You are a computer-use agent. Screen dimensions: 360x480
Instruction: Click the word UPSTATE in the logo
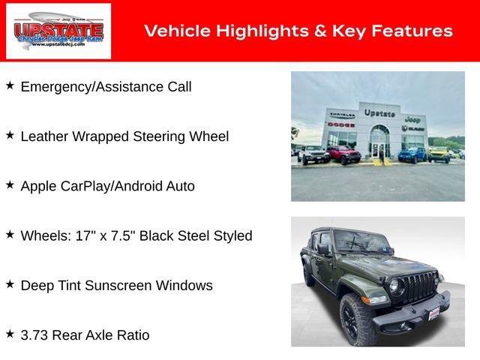tap(58, 28)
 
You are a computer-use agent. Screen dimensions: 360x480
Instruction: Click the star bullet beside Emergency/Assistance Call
tap(10, 85)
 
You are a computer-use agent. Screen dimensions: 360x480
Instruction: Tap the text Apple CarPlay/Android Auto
tap(107, 186)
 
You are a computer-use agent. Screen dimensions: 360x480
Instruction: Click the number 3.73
tap(35, 335)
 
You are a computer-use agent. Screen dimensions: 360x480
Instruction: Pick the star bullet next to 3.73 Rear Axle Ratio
tap(10, 334)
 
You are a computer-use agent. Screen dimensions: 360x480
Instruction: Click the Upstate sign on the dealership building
tap(379, 113)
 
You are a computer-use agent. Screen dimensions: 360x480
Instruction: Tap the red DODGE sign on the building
tap(340, 124)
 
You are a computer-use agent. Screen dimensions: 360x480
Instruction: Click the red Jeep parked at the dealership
tap(343, 154)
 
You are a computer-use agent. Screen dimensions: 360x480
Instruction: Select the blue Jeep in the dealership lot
tap(412, 154)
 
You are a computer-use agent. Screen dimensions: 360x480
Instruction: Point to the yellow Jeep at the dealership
tap(438, 154)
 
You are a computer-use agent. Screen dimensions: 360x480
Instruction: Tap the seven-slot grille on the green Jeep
tap(421, 286)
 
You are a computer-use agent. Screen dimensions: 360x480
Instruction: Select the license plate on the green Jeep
tap(433, 312)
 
